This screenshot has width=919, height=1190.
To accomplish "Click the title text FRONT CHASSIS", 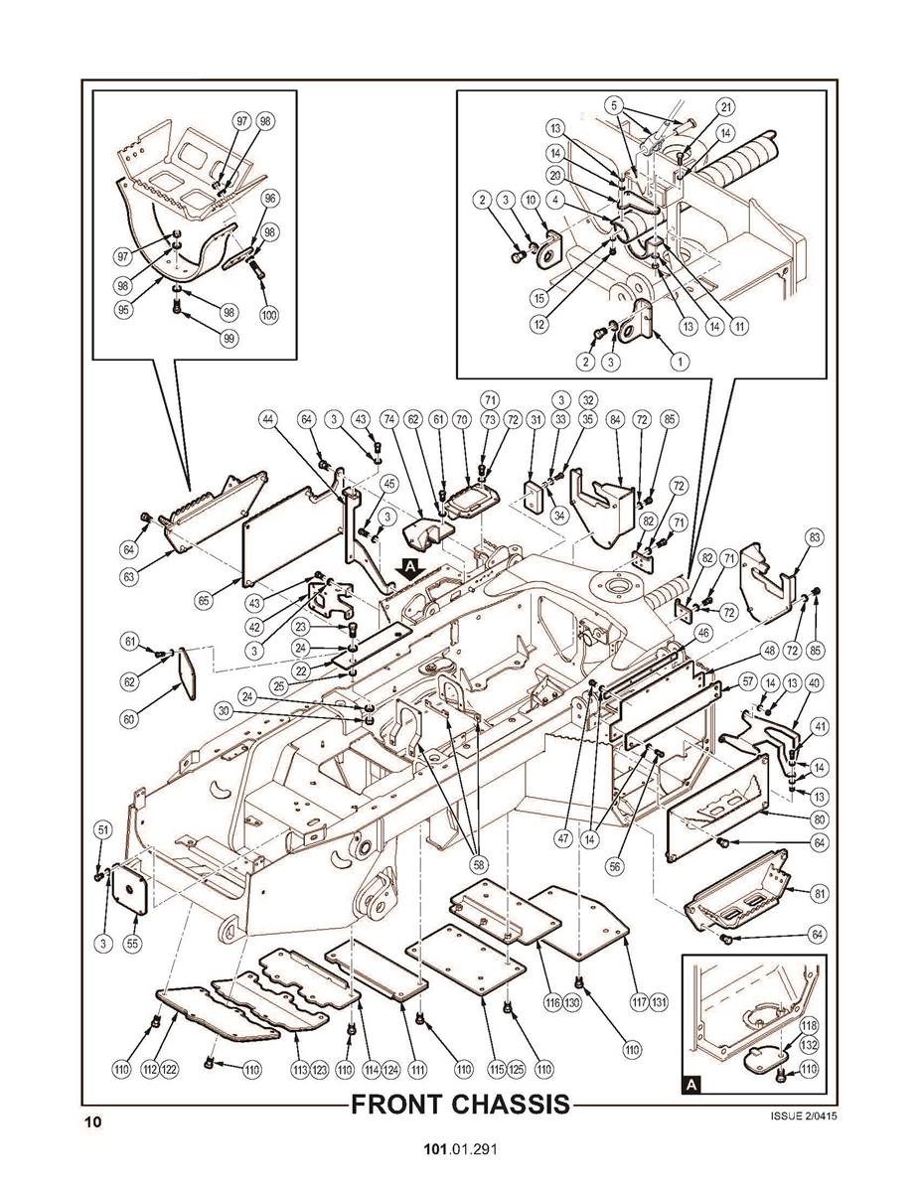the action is pos(461,1105).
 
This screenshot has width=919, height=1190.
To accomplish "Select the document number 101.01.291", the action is pos(460,1149).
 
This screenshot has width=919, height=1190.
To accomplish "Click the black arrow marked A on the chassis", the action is pos(410,569).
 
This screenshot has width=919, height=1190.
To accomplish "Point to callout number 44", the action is pos(268,419).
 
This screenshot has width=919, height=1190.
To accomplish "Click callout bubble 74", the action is pos(390,419).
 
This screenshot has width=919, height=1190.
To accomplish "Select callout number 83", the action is pos(815,537).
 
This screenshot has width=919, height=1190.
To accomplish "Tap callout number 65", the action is pos(204,600).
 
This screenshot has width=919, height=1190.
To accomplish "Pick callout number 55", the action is pos(133,944).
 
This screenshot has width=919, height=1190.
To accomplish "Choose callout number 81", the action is pos(820,893).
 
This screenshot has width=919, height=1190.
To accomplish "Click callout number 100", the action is pos(269,315).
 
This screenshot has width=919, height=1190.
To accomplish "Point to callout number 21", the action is pos(726,107).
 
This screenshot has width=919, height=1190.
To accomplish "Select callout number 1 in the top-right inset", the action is pos(681,362).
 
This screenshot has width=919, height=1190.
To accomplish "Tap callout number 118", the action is pos(809,1026).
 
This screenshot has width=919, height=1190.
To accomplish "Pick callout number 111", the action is pos(417,1070).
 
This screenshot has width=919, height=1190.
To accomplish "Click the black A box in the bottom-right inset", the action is pos(691,1086).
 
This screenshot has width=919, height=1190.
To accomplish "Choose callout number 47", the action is pos(563,839).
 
